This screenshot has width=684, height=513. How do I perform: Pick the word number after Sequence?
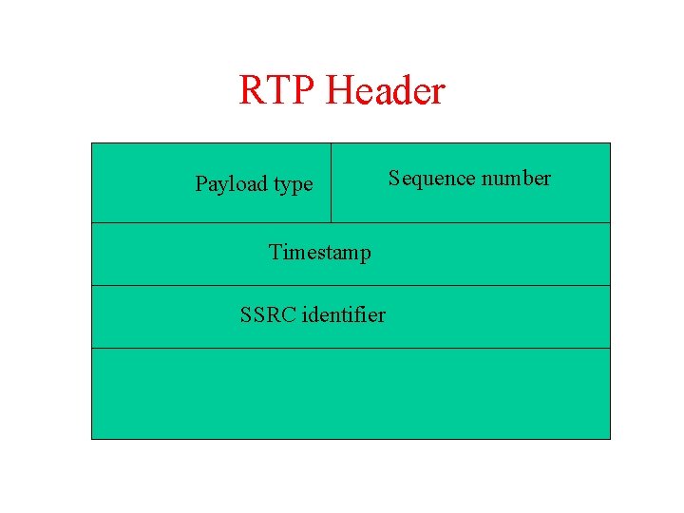[x=514, y=179]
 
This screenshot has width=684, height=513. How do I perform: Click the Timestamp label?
[x=319, y=252]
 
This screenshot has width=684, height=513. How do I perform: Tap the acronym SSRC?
[x=267, y=314]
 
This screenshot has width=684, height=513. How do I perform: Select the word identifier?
[x=343, y=314]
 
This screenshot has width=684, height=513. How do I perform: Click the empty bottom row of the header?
[x=351, y=393]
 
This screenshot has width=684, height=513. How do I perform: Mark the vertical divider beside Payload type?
[x=331, y=182]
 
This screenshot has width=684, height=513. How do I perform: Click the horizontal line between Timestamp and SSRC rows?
[x=351, y=285]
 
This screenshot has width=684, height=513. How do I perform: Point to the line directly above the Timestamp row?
[x=351, y=222]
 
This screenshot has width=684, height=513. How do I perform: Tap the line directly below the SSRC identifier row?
[x=351, y=348]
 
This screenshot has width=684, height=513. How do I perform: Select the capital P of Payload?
[x=201, y=183]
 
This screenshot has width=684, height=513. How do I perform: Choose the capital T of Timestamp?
[x=275, y=252]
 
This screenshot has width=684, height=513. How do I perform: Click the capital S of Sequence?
[x=393, y=179]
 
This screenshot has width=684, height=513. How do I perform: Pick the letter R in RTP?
[x=251, y=91]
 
